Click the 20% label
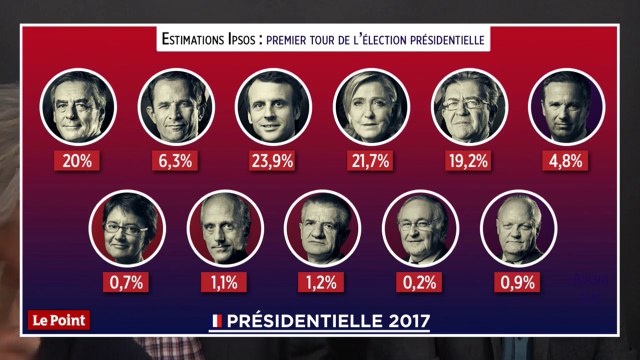[x=78, y=160]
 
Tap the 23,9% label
[x=273, y=160]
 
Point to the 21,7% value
[x=370, y=160]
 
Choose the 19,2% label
[x=468, y=160]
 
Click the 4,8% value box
[x=566, y=160]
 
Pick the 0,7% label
[x=126, y=282]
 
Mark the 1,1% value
[x=223, y=282]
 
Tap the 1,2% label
[x=321, y=282]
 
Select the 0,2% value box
[x=419, y=282]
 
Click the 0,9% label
[x=517, y=282]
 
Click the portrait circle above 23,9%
[x=273, y=106]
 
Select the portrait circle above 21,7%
[x=370, y=106]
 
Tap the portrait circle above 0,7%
[x=126, y=228]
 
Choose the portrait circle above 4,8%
[x=566, y=106]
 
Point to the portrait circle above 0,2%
[x=419, y=228]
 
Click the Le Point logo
[x=57, y=321]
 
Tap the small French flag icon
[x=216, y=322]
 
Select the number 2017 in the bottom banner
[x=401, y=322]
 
